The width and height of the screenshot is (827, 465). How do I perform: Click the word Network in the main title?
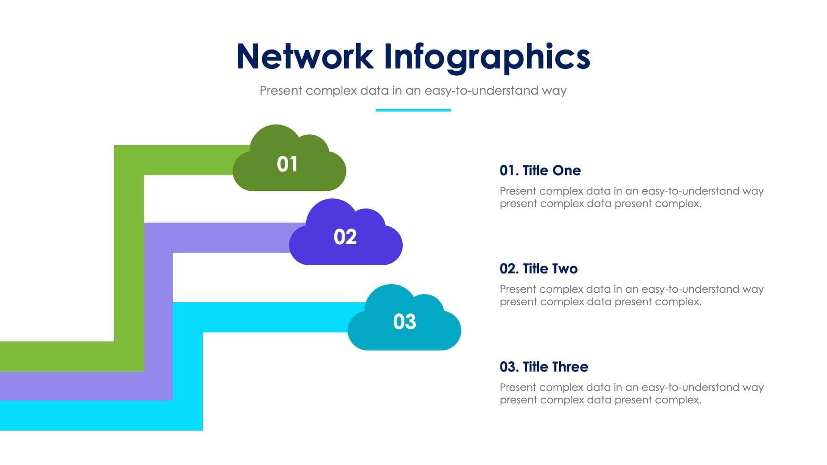pyautogui.click(x=305, y=56)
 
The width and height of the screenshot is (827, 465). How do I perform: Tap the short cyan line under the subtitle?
pyautogui.click(x=413, y=110)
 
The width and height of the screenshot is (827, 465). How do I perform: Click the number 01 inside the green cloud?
pyautogui.click(x=287, y=164)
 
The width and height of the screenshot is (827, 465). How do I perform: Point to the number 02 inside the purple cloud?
pyautogui.click(x=345, y=237)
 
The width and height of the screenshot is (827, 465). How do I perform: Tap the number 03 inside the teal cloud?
pyautogui.click(x=404, y=322)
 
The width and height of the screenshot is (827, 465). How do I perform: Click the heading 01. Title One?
pyautogui.click(x=540, y=170)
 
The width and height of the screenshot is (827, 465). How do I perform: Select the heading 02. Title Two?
pyautogui.click(x=538, y=269)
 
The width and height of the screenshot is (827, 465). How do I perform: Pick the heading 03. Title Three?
pyautogui.click(x=544, y=367)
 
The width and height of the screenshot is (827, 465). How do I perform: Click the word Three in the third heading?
pyautogui.click(x=570, y=367)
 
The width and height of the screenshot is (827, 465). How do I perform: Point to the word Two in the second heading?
pyautogui.click(x=565, y=269)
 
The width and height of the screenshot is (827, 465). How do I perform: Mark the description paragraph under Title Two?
pyautogui.click(x=631, y=295)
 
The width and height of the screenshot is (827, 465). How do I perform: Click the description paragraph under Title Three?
pyautogui.click(x=631, y=394)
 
